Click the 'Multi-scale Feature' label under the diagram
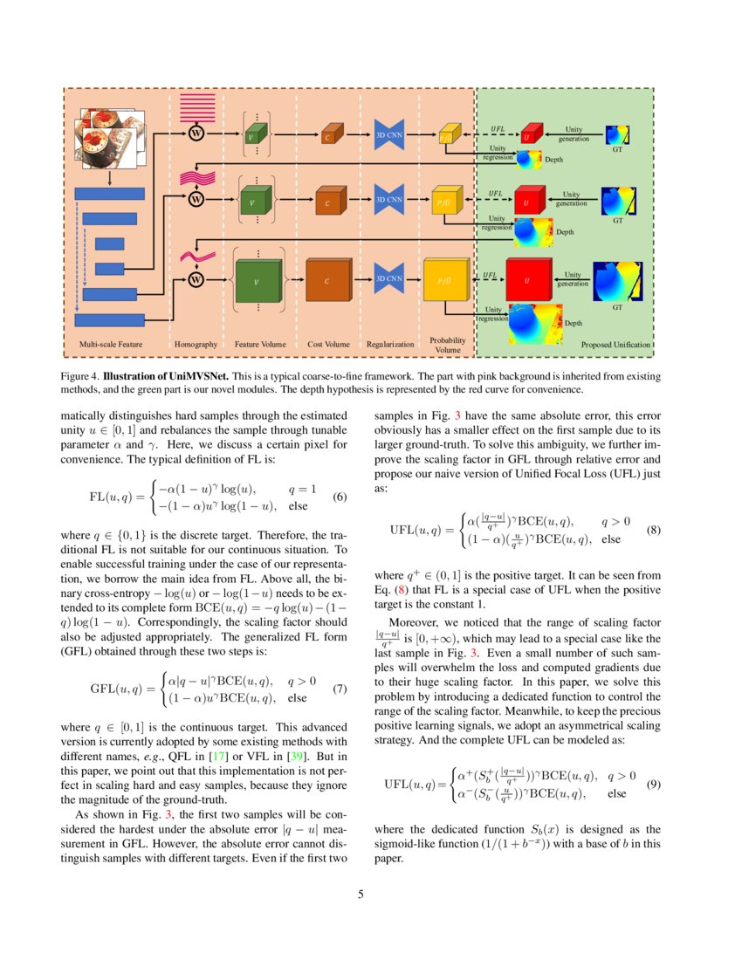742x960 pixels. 111,345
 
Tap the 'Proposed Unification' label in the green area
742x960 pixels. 615,345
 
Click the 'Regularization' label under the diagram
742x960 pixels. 389,345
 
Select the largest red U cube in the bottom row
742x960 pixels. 527,279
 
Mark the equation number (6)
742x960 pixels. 340,497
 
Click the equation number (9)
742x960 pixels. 655,785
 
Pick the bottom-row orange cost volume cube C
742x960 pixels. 328,280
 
